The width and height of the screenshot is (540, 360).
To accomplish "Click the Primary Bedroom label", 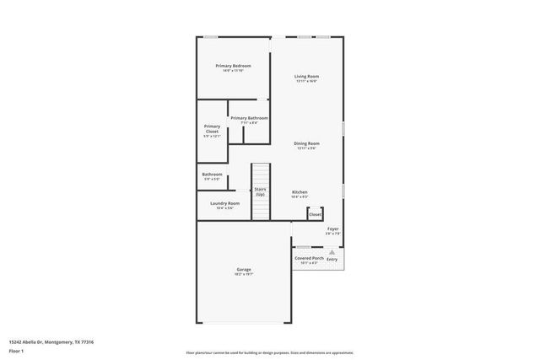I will (233, 66).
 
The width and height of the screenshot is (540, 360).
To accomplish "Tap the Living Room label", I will (306, 77).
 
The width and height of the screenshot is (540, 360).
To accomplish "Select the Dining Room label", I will (306, 143).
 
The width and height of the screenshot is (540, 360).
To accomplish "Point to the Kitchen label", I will (300, 192).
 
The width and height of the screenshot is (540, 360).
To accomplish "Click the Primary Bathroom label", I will (249, 118).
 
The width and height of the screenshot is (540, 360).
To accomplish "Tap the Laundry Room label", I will (224, 203).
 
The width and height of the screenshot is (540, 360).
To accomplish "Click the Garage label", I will (243, 270).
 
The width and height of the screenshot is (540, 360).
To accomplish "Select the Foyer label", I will (333, 228).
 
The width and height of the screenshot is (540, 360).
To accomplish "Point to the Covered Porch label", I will (309, 258).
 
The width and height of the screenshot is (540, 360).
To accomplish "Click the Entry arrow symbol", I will (332, 252).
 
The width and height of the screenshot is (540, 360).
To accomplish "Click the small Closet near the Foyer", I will (315, 214).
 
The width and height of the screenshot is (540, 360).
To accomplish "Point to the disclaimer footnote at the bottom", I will (269, 352).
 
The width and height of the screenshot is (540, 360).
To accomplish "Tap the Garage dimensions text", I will (243, 274).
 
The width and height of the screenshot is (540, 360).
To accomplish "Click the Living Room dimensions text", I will (306, 81).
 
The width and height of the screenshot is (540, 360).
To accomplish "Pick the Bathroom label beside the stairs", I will (212, 175).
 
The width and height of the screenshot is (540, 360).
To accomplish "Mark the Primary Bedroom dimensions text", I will (233, 71).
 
